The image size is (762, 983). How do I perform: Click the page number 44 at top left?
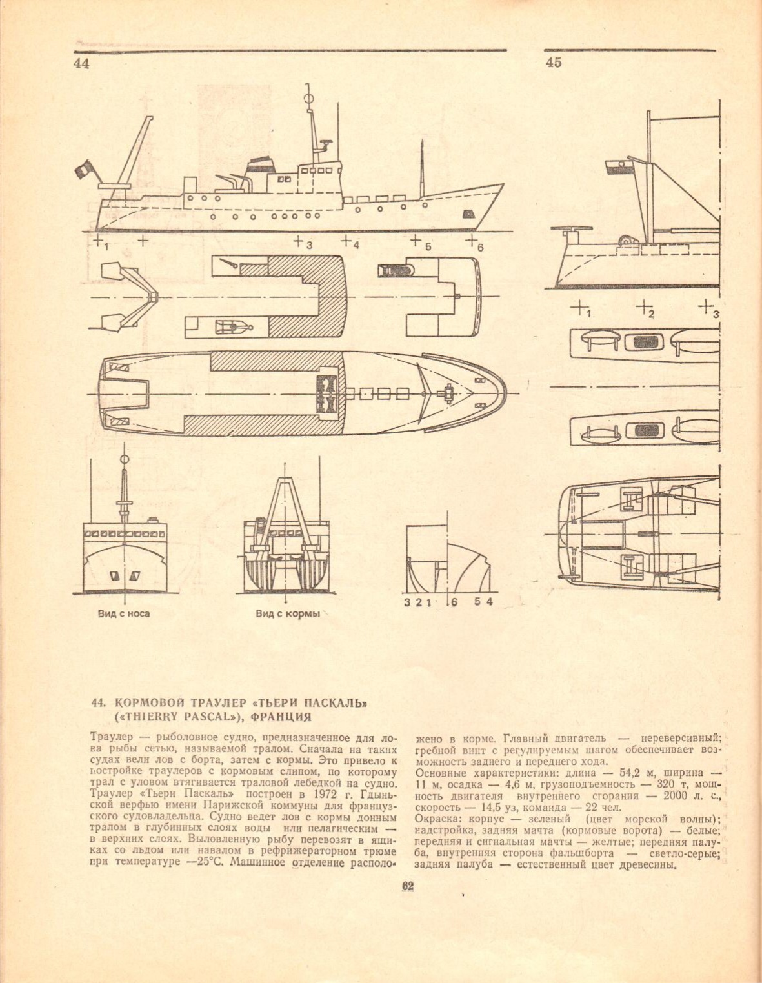click(81, 63)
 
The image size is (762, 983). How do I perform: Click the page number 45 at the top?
click(554, 63)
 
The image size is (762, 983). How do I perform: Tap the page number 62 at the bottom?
click(406, 886)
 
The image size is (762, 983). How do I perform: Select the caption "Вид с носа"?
click(124, 613)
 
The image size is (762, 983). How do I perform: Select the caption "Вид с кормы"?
click(288, 613)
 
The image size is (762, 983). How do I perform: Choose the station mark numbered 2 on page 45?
click(645, 309)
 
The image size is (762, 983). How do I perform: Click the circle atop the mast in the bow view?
click(125, 459)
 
